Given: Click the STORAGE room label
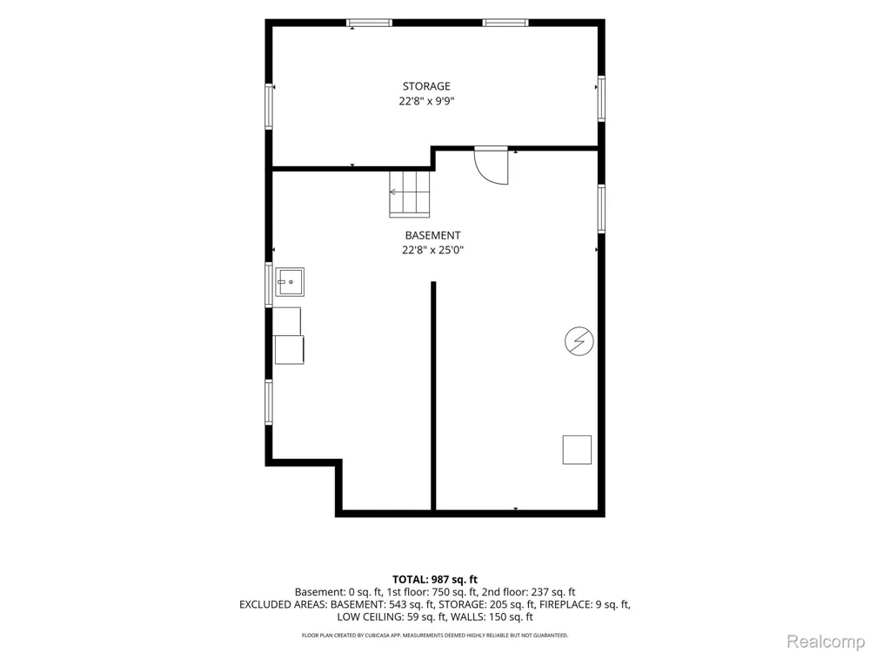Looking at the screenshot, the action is pos(426,86).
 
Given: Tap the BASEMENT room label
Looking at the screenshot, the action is pos(432,235).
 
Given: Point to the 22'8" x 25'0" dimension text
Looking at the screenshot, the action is pos(432,250).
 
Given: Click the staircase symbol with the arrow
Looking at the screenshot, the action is pos(410,193).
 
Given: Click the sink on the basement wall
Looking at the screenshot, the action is pos(290,282).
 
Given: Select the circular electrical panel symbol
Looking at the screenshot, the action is pos(579,341).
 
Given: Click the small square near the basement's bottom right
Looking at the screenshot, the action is pos(577,450).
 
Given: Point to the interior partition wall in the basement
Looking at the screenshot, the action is pos(433,395).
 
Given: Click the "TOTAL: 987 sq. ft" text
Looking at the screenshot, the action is pos(435,580).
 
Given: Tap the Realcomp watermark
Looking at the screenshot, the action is pos(825,642).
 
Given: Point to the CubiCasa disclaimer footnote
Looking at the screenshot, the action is pos(434,636).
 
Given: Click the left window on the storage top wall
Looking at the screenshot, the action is pos(369,23).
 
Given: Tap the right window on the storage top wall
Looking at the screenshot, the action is pos(505,23).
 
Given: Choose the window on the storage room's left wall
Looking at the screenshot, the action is pos(269,106).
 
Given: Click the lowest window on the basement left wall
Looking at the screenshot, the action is pos(269,402).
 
